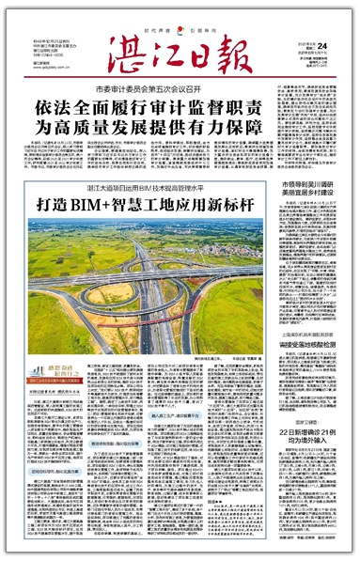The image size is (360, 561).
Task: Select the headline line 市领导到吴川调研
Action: pos(314,183)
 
